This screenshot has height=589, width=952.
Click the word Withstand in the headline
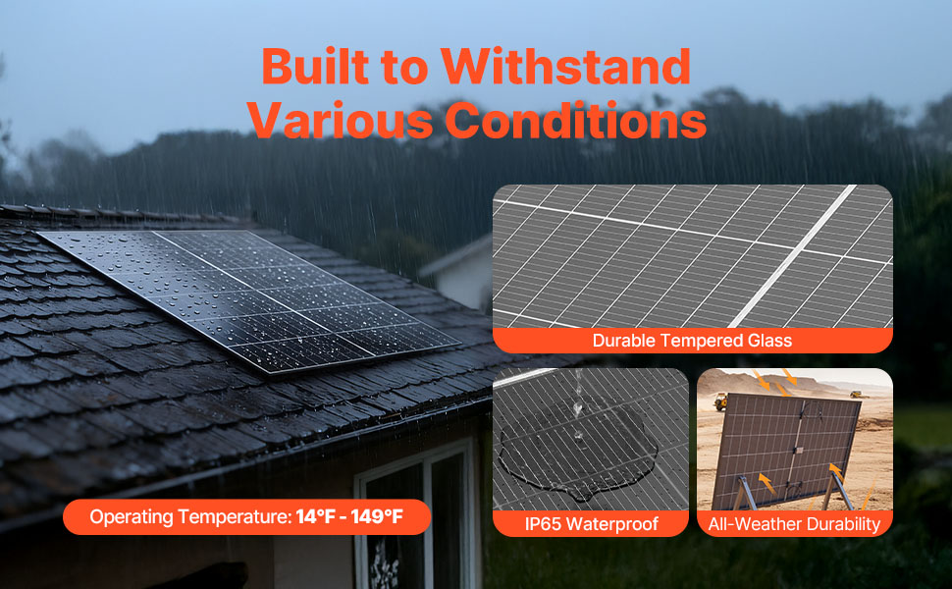click(x=566, y=66)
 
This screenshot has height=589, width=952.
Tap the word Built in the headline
click(x=316, y=66)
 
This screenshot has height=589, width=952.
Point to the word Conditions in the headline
click(x=575, y=120)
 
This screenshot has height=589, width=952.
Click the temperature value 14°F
click(x=316, y=516)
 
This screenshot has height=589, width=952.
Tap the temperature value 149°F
click(x=377, y=516)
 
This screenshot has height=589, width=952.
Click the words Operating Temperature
click(x=190, y=517)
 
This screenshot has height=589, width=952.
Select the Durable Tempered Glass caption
click(x=692, y=340)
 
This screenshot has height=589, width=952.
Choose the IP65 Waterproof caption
click(x=592, y=523)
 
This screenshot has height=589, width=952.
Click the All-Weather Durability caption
click(x=794, y=523)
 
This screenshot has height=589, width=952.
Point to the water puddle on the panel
click(x=578, y=451)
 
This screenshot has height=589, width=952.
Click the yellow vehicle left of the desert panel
click(x=720, y=402)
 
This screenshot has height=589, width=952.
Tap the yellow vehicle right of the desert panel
click(x=856, y=395)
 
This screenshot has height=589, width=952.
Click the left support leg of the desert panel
click(x=744, y=492)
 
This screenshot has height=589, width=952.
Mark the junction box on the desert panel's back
click(x=798, y=451)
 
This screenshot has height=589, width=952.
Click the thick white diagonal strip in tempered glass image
click(x=792, y=256)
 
